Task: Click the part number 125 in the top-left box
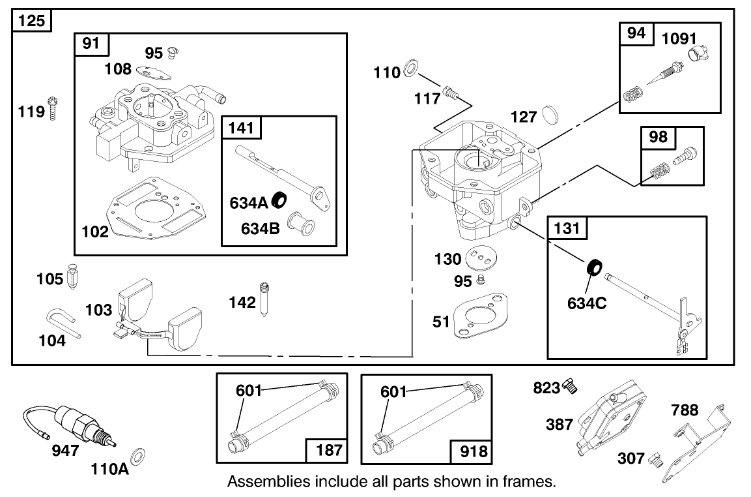click(31, 21)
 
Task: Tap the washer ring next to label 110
click(412, 68)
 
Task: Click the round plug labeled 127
click(550, 115)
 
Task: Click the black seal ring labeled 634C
click(593, 267)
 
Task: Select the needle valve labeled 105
click(74, 279)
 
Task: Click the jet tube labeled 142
click(264, 299)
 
